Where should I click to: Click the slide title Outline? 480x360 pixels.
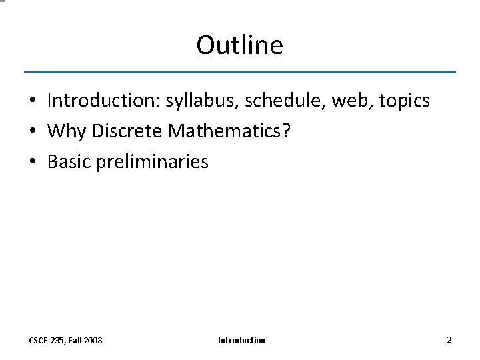pos(239,45)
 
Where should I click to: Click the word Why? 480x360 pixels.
pos(67,131)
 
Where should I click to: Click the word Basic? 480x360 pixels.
pos(69,162)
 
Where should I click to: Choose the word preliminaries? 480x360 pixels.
pos(152,162)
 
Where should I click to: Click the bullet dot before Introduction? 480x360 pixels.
pos(32,101)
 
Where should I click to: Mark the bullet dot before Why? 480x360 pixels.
pos(32,132)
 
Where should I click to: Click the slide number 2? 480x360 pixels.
pos(449,340)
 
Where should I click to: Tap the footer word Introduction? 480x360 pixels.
pos(241,341)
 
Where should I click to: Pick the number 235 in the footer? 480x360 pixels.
pos(58,341)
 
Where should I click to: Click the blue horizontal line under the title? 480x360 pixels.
pos(240,72)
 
